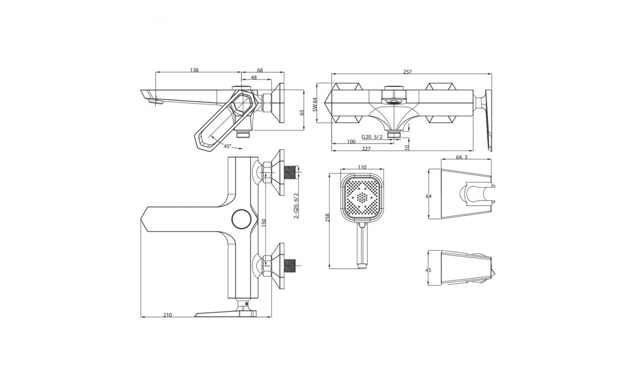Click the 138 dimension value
point(194,70)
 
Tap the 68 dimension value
point(260,70)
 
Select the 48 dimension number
point(253,78)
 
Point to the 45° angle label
point(228,146)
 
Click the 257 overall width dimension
point(407,72)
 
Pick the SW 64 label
point(314,105)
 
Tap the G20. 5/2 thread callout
point(372,137)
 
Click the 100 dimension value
point(351,142)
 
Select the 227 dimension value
point(366,149)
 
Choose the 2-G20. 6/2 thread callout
point(296,205)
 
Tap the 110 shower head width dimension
point(362,167)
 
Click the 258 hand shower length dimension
point(328,218)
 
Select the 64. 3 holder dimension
point(462,157)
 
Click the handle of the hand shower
point(363,245)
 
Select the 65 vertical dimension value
point(302,112)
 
